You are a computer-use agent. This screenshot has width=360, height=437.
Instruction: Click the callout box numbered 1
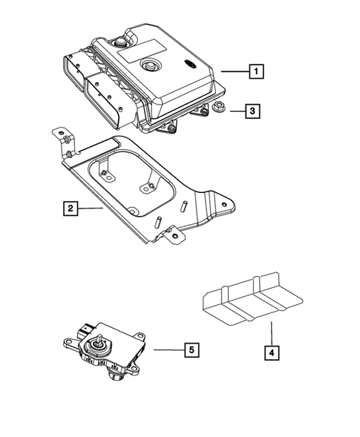point(255,72)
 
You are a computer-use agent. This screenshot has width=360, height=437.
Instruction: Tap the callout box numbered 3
point(252,112)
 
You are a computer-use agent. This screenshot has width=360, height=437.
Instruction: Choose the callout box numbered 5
point(191,348)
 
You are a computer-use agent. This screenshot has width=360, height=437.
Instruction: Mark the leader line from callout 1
point(232,72)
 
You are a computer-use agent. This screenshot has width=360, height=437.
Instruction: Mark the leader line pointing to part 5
point(167,348)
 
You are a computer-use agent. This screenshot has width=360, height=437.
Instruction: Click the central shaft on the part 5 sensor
point(98,342)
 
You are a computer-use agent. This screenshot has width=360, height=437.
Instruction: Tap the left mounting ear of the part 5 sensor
point(65,342)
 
